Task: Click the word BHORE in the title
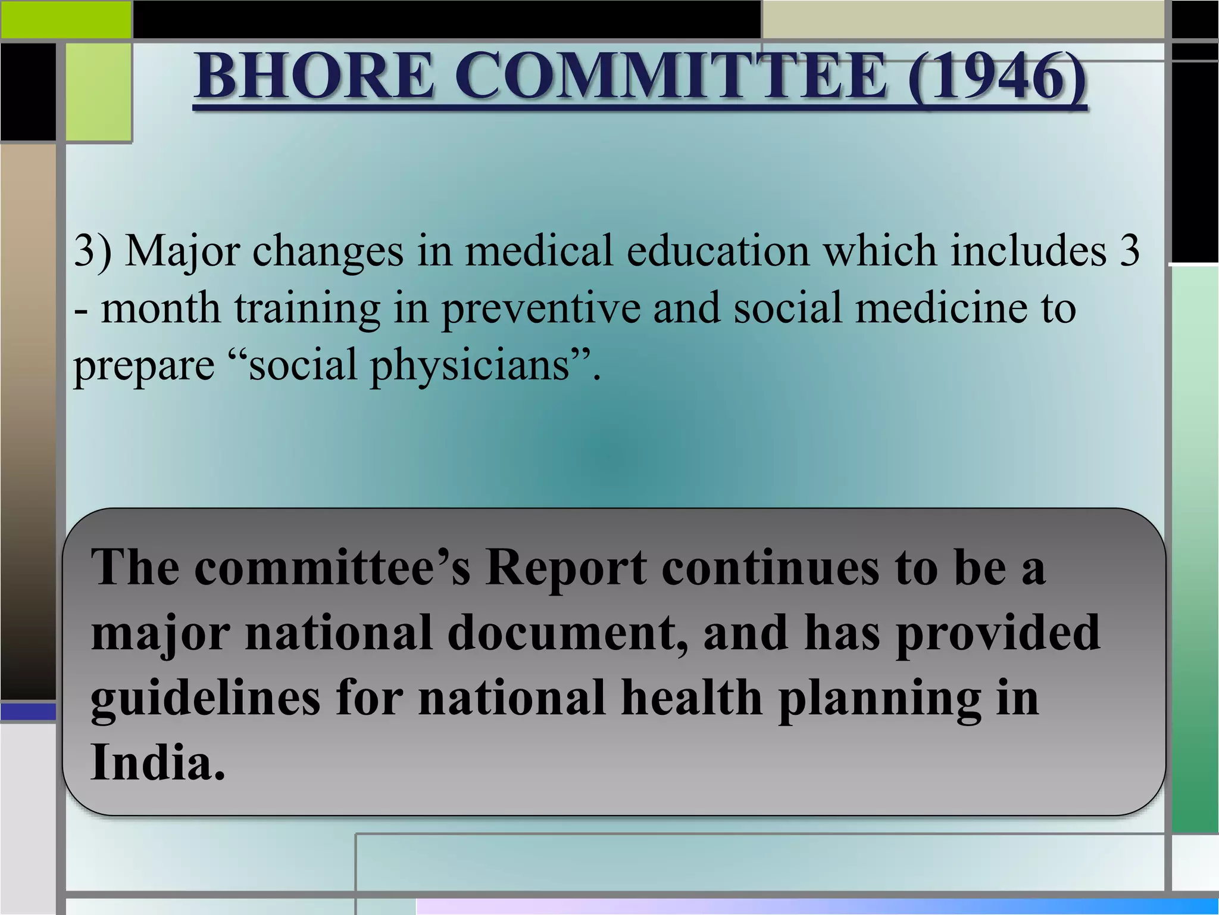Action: pos(314,76)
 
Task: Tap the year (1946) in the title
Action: pos(997,76)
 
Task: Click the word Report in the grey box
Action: pos(565,567)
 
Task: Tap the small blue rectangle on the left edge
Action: pos(28,711)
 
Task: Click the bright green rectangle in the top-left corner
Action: pos(65,19)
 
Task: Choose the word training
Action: pos(307,309)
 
